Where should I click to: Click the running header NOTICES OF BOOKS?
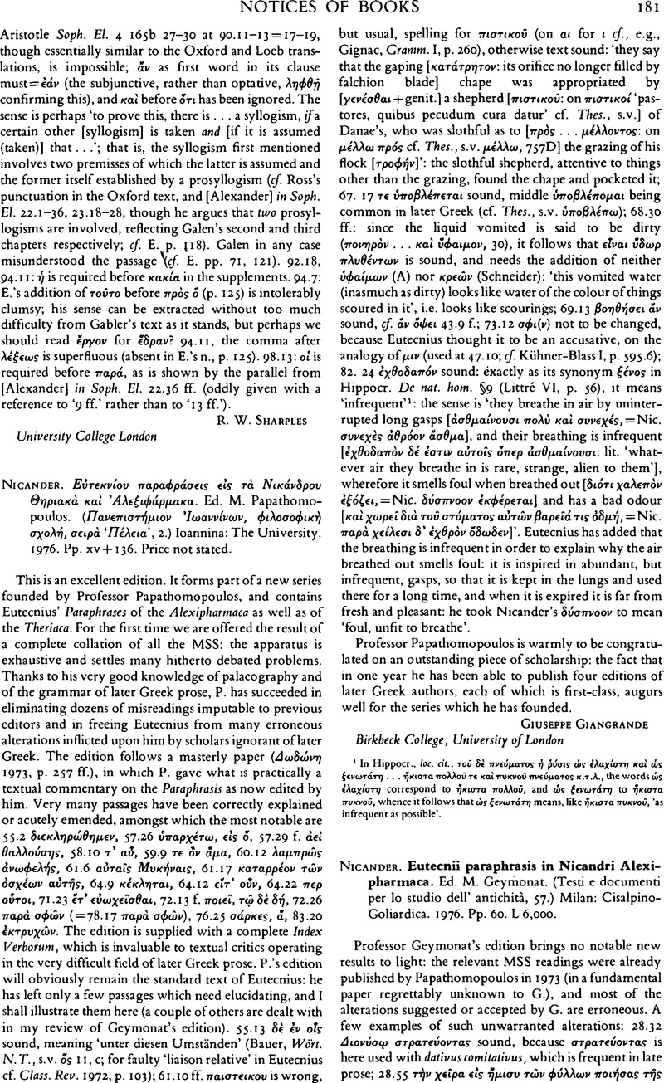[332, 10]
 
